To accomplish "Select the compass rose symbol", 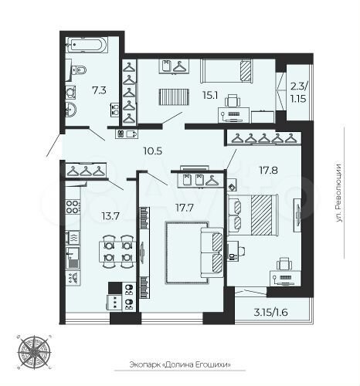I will click(x=36, y=351).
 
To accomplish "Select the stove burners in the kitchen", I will click(x=73, y=208).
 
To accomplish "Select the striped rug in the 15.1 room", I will click(x=168, y=99).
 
